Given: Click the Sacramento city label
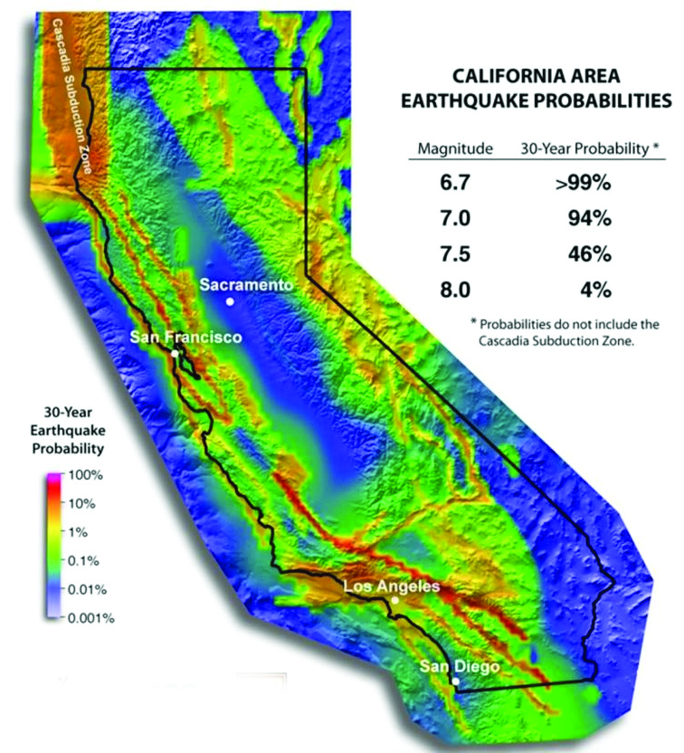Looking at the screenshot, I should pos(247,284).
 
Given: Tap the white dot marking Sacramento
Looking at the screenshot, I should pos(231,301).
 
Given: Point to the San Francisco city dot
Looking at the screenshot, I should pos(174,353).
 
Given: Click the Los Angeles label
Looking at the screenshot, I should pos(392,586).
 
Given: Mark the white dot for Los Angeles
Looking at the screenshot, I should pos(394,600).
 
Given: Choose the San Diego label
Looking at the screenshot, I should pos(460,667).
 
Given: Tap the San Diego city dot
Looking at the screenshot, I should pos(456,682).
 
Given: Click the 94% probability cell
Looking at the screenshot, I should pos(591,220).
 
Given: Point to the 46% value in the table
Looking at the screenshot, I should pos(591,255).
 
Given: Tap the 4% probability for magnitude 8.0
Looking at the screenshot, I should pos(597,291).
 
